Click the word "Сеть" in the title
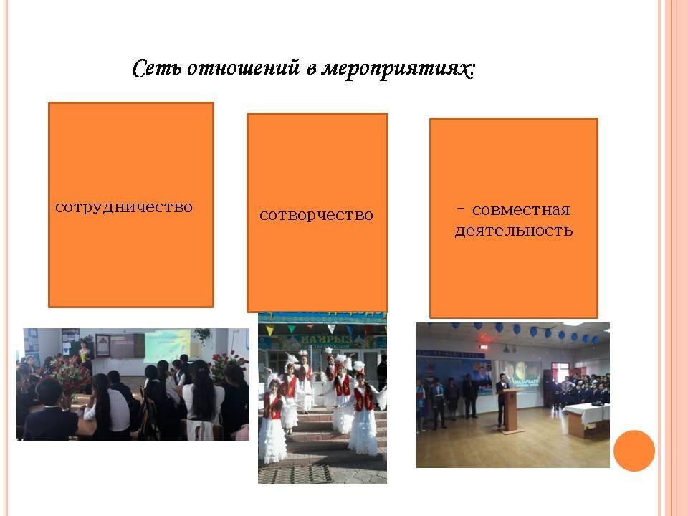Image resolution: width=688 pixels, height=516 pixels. click(158, 69)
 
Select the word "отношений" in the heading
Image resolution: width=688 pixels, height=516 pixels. click(244, 69)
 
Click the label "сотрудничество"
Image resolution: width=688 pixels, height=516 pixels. click(124, 207)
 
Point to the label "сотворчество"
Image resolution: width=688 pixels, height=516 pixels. click(316, 215)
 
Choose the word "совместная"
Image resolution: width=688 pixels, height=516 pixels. click(521, 210)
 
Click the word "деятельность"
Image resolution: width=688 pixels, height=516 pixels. click(514, 231)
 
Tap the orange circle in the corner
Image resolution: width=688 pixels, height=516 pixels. click(634, 451)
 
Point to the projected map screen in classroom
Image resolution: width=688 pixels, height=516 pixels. click(167, 346)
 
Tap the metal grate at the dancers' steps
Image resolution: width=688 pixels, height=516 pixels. click(295, 474)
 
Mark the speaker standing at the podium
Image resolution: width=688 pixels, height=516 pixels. click(501, 399)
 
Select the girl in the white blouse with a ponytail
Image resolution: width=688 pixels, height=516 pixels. click(203, 397)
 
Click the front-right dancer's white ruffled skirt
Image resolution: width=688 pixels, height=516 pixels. click(363, 431)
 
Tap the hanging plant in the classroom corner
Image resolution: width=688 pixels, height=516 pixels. click(202, 335)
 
